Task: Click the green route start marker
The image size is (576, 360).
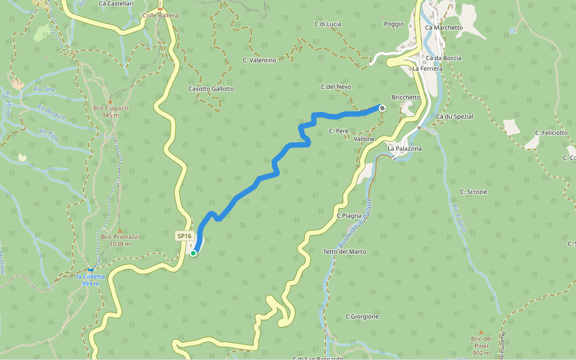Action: coord(193,253)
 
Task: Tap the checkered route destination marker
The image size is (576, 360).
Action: coord(382,108)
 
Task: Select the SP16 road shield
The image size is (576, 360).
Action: coord(184,236)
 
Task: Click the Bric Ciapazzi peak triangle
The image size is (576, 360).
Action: coord(110,101)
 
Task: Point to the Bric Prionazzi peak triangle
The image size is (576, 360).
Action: coord(119,230)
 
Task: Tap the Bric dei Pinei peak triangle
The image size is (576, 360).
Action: coord(481,331)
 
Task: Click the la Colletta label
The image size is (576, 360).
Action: coord(91,277)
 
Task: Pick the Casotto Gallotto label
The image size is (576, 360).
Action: coord(211,89)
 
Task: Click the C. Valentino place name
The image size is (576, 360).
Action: coord(259,61)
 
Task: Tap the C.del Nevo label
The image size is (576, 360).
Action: coord(336,87)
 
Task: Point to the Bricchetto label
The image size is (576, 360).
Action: coord(406,97)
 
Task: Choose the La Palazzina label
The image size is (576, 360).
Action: coord(404,148)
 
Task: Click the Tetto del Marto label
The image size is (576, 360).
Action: coord(344,251)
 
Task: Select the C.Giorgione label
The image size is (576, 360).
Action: coord(362,316)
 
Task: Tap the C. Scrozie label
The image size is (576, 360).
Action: coord(473,191)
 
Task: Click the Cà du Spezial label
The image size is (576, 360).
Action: coord(455,116)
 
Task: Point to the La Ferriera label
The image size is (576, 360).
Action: coord(427,69)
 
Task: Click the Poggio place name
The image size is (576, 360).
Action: coord(394,25)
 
